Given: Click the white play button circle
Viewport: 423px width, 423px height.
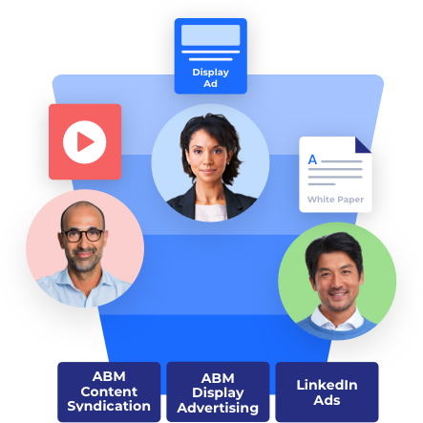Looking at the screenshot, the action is coord(84,142).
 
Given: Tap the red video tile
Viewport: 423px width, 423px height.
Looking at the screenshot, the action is coord(85,141).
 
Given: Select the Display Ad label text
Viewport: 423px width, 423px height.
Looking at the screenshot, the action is coord(210,78).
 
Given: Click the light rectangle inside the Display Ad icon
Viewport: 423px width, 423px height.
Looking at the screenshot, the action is coord(210,35).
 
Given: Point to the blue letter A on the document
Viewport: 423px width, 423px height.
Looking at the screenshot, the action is coord(312,159).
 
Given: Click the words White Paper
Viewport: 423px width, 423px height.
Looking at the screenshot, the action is coord(335,200).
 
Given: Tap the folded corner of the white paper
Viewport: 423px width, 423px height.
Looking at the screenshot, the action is coord(363,145).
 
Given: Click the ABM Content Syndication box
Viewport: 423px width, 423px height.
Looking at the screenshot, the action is coord(109,391).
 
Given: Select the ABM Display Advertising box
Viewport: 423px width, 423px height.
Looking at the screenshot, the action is coord(218,391).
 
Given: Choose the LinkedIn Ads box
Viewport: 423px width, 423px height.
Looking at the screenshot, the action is coord(327,391).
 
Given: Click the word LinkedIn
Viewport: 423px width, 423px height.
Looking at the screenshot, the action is coord(327,385).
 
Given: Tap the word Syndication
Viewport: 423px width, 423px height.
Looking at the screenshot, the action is coord(109,407).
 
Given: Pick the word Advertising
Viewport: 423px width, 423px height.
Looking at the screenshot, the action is coord(218,409).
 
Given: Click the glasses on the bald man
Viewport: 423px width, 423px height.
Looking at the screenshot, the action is coord(83,236).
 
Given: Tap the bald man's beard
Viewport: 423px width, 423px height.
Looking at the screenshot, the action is coord(84,260).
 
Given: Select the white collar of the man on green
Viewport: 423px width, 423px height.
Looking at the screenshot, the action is coord(337,319).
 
